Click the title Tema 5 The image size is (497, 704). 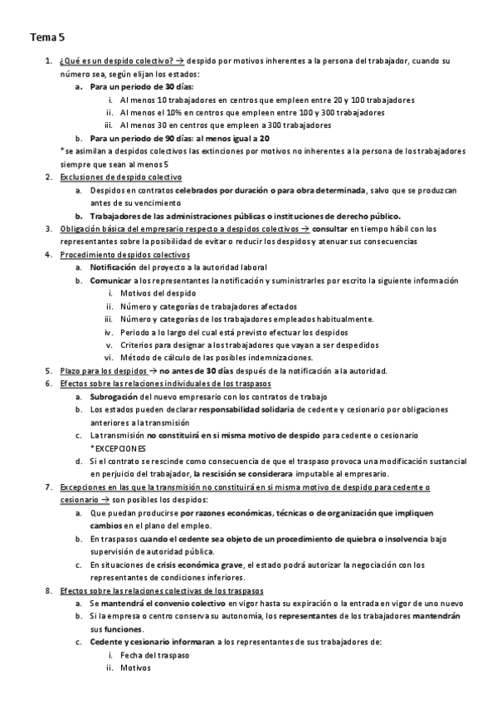pos(47,37)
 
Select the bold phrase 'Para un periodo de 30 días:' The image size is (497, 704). pos(139,86)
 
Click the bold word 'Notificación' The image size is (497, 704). pos(114,267)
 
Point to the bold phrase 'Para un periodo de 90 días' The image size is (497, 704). pos(140,138)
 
